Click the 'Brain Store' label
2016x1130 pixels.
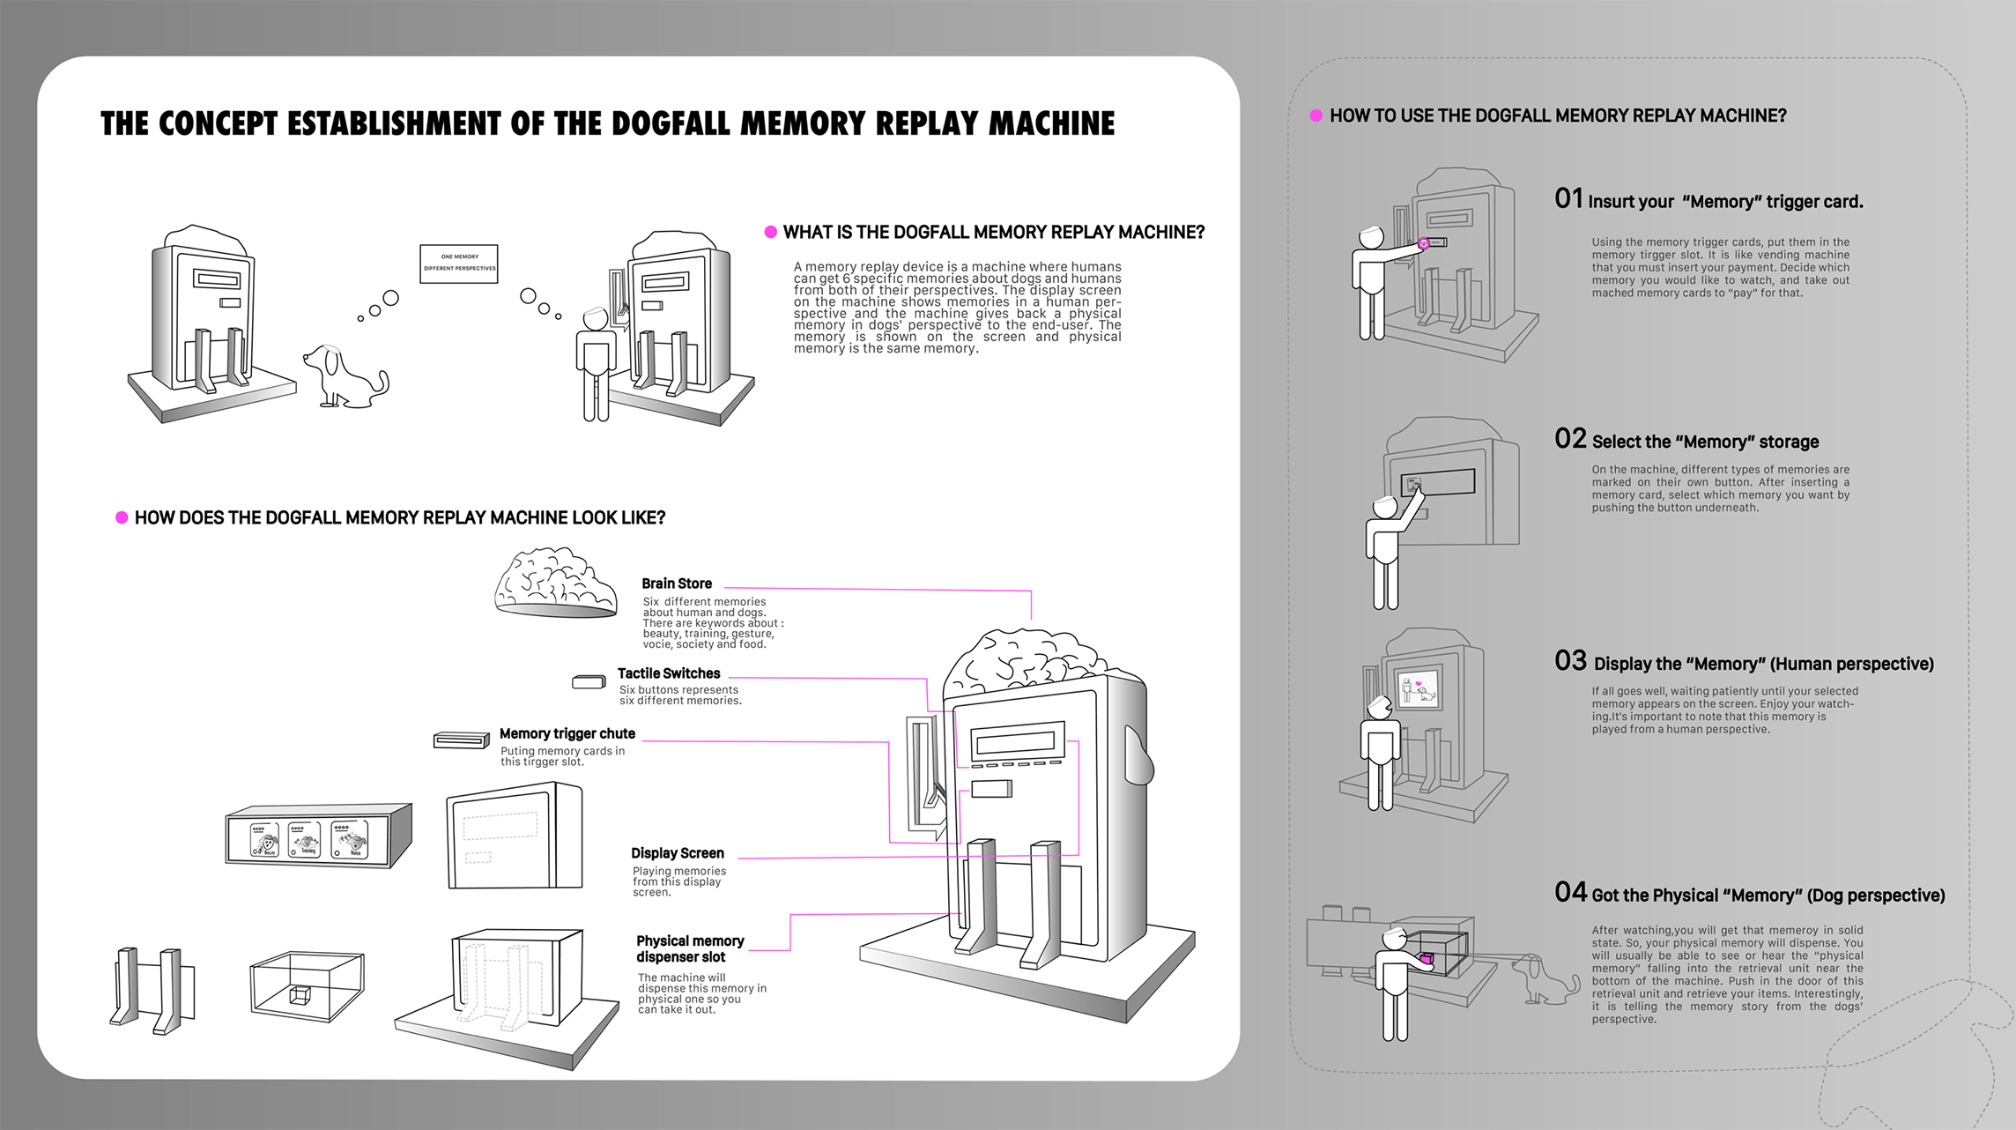pos(676,584)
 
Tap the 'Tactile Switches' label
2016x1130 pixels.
pos(668,673)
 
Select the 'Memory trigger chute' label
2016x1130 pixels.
pos(567,733)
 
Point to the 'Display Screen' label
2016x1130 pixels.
pos(677,853)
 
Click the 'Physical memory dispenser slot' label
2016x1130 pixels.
pos(689,949)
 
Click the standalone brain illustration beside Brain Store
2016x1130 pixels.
pos(554,583)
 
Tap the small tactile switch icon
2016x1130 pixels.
pos(588,681)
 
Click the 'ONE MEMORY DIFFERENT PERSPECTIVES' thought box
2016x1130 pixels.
pos(459,264)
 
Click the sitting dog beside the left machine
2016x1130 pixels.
pos(343,377)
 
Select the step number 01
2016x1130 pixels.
pos(1568,198)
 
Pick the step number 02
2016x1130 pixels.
pos(1570,439)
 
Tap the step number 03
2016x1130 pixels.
pos(1570,661)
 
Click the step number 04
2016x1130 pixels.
pos(1570,892)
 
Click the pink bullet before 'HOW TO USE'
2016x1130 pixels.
pos(1316,115)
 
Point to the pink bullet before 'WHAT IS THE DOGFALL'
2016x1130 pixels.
pos(770,232)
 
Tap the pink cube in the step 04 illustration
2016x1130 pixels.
pos(1427,958)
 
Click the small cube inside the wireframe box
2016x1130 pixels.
pos(300,995)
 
